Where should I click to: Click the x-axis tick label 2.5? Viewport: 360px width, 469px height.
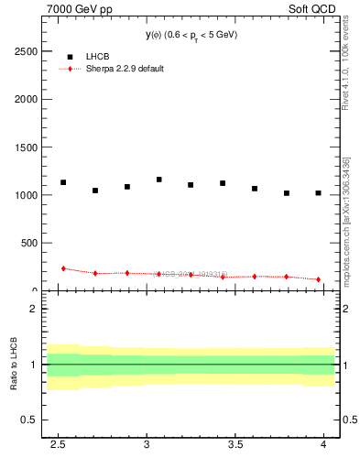tap(57, 443)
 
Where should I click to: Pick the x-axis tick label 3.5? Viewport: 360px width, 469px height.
tap(235, 443)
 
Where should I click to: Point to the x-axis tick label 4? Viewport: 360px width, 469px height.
tap(323, 443)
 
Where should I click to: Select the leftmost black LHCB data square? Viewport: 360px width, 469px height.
tap(63, 182)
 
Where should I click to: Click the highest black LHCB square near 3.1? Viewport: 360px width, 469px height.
tap(159, 180)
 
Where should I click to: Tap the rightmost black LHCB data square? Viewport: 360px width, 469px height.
tap(318, 193)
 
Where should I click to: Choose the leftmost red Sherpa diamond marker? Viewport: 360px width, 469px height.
tap(63, 268)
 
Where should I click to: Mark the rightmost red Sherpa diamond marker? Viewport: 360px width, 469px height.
tap(318, 279)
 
